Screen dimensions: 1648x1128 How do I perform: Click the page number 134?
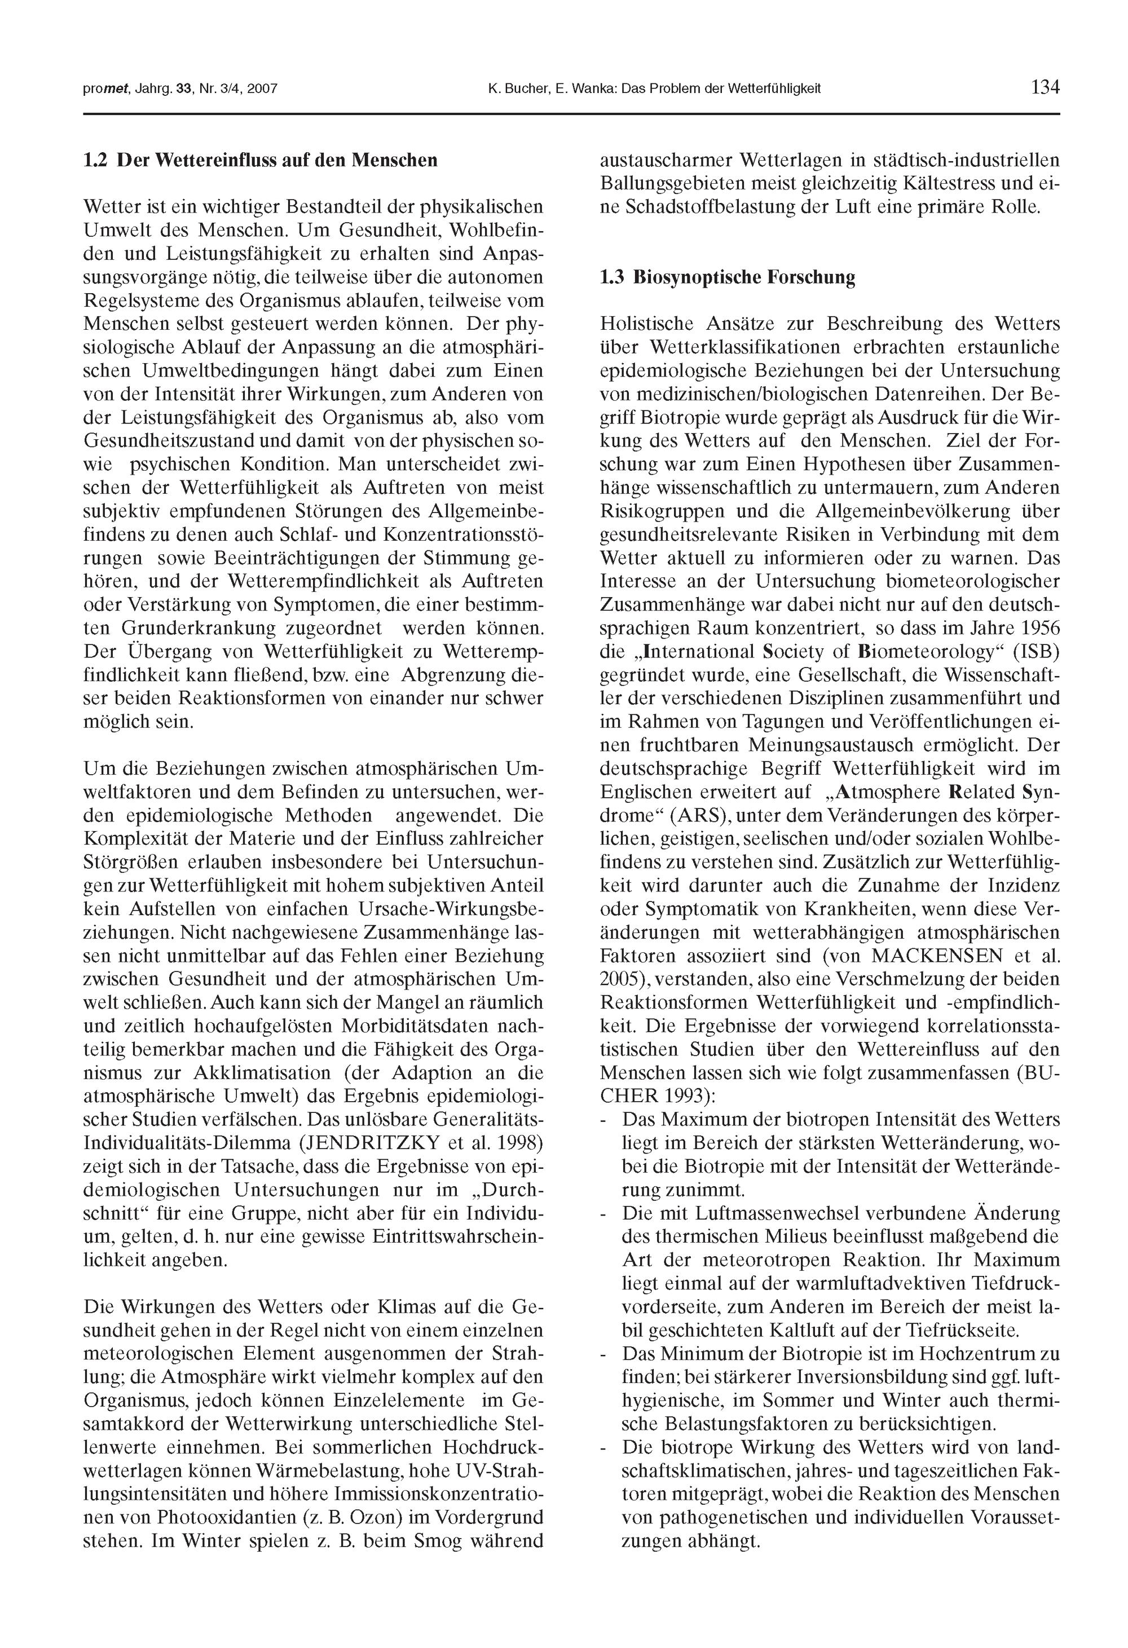(1045, 88)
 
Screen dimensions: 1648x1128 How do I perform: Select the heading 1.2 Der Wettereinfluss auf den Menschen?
(261, 160)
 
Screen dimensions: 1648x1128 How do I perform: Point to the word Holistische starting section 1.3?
(647, 324)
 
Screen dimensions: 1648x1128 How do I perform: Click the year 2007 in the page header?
(264, 89)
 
